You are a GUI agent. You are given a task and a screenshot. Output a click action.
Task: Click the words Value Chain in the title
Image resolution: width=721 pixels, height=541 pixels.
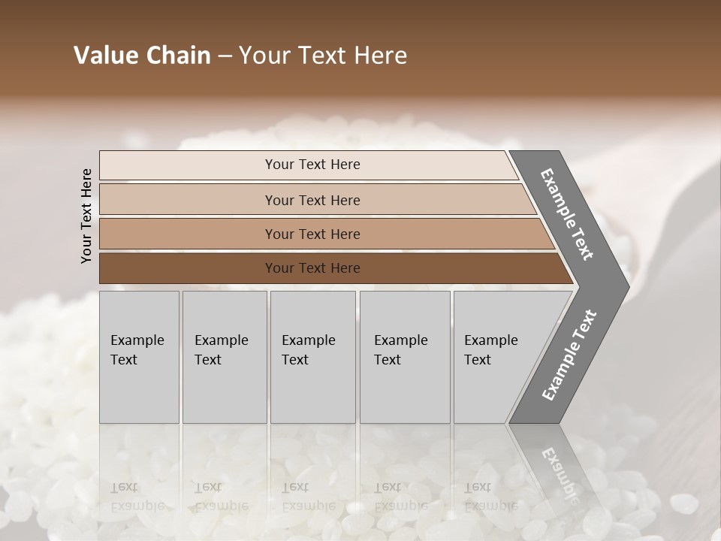coord(142,56)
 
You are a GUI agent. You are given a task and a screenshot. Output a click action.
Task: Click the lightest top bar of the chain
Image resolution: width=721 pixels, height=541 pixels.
coord(188,165)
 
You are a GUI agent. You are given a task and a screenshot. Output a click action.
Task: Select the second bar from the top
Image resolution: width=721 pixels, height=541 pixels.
coord(188,200)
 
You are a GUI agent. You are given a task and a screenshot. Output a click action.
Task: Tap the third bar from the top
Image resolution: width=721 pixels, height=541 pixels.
coord(188,234)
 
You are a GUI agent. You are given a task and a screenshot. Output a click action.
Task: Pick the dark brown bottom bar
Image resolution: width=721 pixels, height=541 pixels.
coord(188,268)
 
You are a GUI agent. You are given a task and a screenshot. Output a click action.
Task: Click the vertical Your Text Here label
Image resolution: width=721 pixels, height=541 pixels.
coord(86,216)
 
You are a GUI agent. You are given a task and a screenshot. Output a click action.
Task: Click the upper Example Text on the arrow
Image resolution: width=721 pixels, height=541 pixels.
coord(567,214)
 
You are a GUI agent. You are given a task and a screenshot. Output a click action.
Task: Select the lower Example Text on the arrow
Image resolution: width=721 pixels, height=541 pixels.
coord(569,355)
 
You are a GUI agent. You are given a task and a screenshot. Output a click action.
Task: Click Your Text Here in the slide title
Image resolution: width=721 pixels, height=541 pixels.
coord(323,56)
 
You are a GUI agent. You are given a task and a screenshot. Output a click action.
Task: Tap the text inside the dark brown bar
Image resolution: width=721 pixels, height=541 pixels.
coord(312,268)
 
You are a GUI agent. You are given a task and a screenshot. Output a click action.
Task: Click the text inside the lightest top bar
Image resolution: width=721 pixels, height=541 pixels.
coord(312,165)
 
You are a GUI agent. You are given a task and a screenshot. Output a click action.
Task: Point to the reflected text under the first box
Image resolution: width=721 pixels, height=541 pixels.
coord(137,496)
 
